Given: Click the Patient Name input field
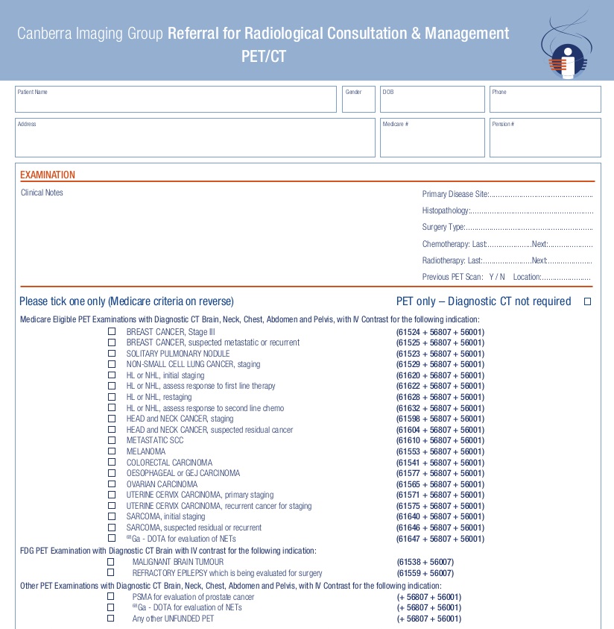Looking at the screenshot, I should click(176, 100).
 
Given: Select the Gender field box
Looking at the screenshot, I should click(358, 100).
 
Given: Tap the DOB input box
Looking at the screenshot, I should click(432, 100).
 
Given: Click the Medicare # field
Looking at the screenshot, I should click(432, 138).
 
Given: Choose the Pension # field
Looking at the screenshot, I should click(545, 138).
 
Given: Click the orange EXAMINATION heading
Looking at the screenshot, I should click(48, 175).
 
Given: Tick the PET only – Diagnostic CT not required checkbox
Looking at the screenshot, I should click(587, 301).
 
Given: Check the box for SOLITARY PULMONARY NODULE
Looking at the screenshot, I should click(112, 354).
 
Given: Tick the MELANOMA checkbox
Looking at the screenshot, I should click(112, 451).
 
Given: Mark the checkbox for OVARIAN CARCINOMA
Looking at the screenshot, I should click(112, 484).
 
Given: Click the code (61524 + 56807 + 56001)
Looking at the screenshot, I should click(440, 332).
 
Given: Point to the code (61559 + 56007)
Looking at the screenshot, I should click(425, 573).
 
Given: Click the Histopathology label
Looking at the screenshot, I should click(446, 210).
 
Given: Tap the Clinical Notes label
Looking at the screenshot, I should click(42, 193).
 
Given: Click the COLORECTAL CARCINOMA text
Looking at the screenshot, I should click(169, 463).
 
